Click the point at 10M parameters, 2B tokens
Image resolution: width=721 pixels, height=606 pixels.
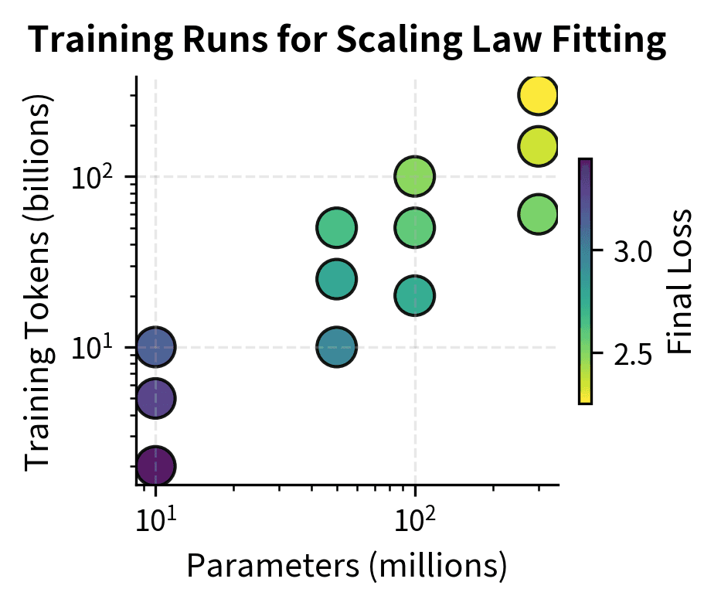pyautogui.click(x=156, y=465)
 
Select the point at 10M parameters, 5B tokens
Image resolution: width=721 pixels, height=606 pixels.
pyautogui.click(x=156, y=398)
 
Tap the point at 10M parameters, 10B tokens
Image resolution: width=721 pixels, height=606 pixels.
pyautogui.click(x=156, y=347)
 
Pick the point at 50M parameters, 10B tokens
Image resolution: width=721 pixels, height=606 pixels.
pyautogui.click(x=336, y=347)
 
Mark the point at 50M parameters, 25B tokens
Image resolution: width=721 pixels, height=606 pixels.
pyautogui.click(x=336, y=279)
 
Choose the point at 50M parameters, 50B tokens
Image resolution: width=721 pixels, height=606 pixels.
pyautogui.click(x=336, y=228)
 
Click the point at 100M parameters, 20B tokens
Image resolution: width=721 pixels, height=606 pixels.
pyautogui.click(x=415, y=295)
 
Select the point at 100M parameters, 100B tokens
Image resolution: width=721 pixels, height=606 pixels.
pyautogui.click(x=415, y=176)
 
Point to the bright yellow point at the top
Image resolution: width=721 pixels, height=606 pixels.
pyautogui.click(x=538, y=95)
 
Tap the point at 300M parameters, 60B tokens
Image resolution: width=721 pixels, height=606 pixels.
pyautogui.click(x=538, y=214)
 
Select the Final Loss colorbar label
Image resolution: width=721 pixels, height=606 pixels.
pyautogui.click(x=679, y=281)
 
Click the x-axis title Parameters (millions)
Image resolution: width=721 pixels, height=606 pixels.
pyautogui.click(x=347, y=567)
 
